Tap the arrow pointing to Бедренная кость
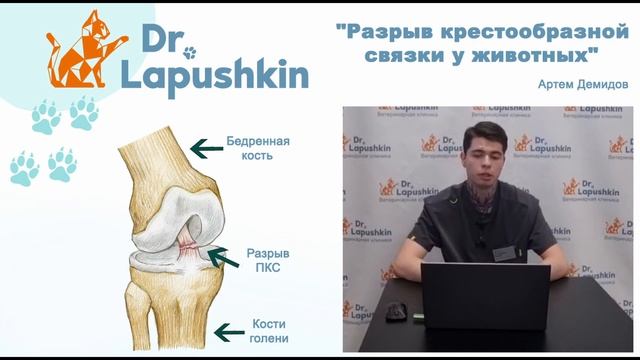(x=207, y=149)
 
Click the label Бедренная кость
(x=258, y=149)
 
